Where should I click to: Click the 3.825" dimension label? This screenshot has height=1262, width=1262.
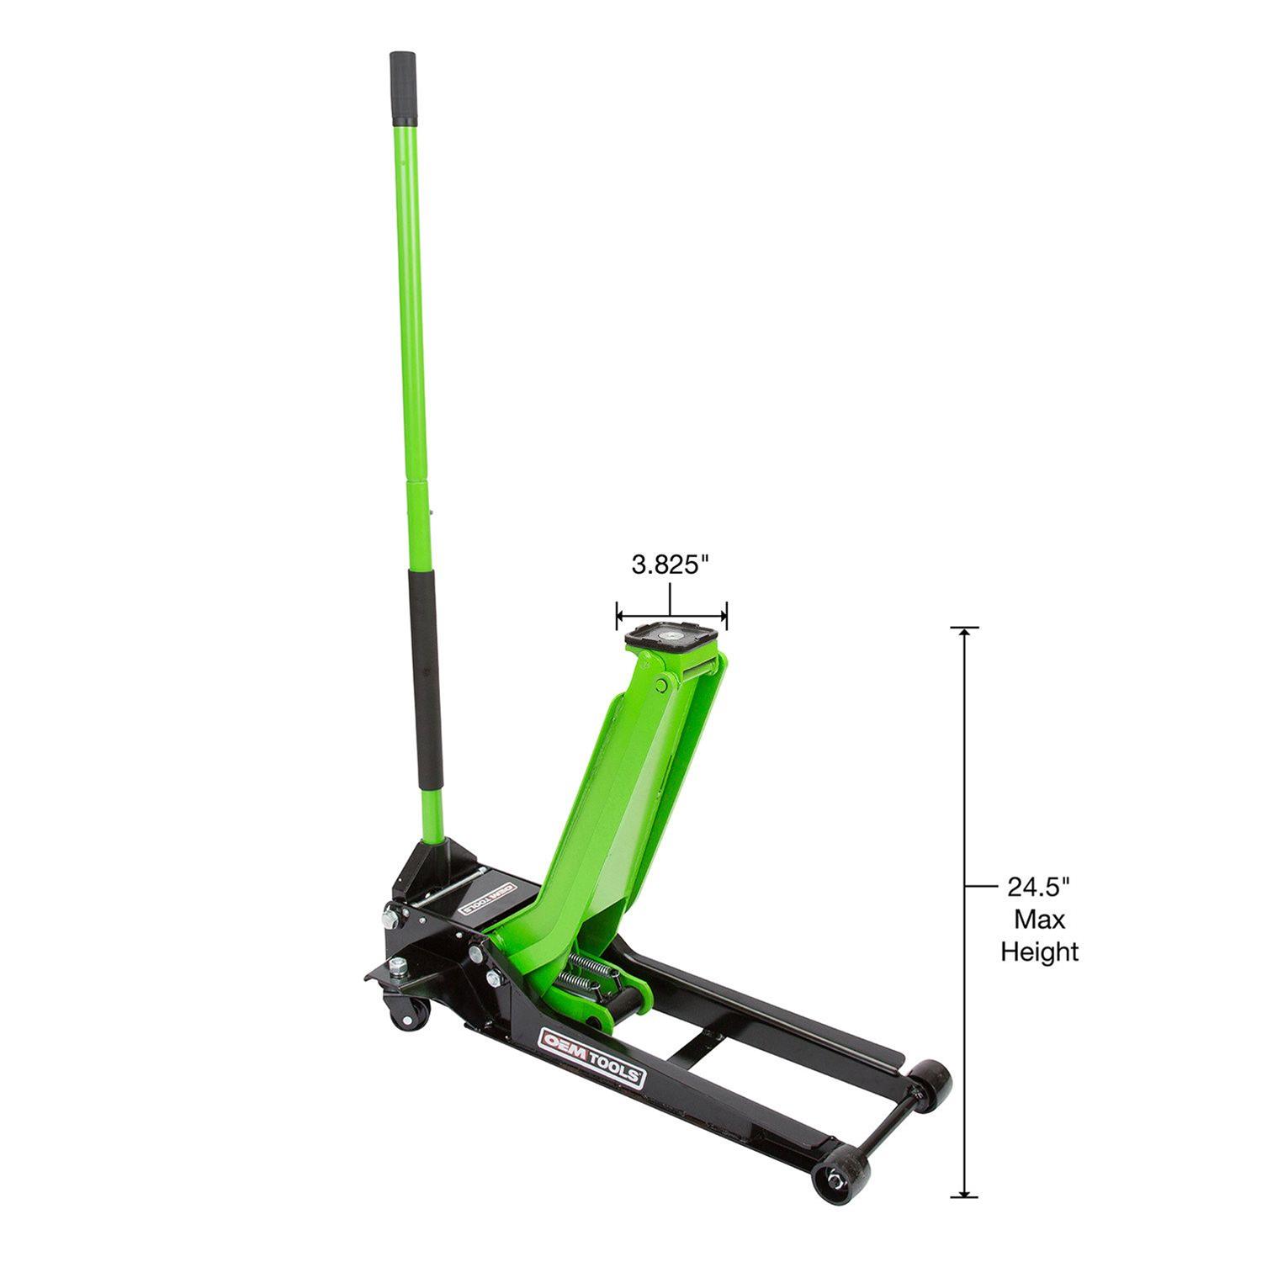pyautogui.click(x=666, y=565)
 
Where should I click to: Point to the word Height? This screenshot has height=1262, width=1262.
pyautogui.click(x=1039, y=952)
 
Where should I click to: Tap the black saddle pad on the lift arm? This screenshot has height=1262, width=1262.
pyautogui.click(x=672, y=633)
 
